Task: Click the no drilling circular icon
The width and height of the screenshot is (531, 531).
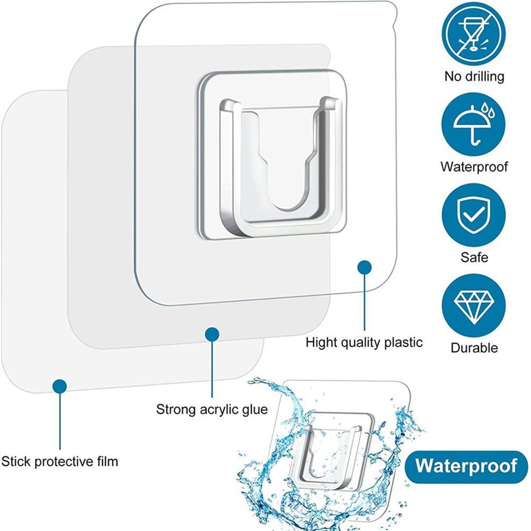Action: pos(473,34)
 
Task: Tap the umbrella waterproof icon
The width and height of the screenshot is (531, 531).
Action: pos(473,125)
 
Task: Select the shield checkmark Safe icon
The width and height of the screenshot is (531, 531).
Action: pos(473,215)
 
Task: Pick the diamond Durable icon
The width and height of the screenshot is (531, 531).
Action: pos(473,306)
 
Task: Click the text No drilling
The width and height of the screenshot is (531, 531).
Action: pos(474,76)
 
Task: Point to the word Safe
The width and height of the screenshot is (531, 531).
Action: pos(474,258)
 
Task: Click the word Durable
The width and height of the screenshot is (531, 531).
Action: pos(474,348)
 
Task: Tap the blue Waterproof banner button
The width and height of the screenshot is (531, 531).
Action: pos(466,466)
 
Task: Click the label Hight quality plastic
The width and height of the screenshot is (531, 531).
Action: pos(364,342)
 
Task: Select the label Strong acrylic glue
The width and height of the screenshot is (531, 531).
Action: pos(212,409)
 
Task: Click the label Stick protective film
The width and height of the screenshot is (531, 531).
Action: pos(59,460)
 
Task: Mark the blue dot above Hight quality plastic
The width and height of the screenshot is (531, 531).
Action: pos(364,267)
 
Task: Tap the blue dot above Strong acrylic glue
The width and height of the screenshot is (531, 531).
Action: pos(212,334)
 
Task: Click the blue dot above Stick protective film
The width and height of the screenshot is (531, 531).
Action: pos(59,386)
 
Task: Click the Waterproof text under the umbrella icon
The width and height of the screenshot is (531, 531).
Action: pos(474,167)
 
